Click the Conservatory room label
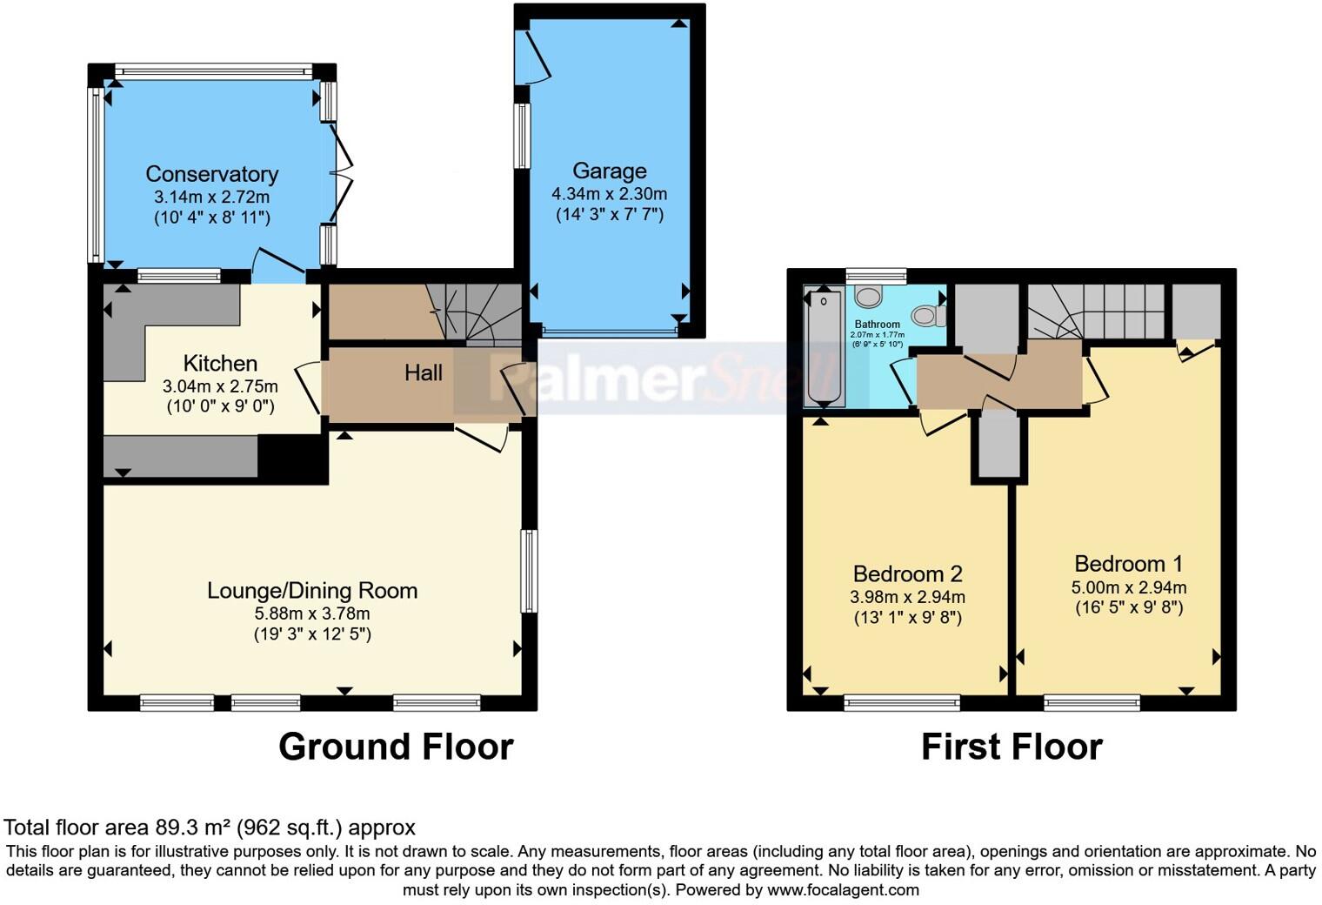[211, 174]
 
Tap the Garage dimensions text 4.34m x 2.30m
[609, 194]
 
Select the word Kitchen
[220, 363]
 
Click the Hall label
[424, 373]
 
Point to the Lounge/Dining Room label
[312, 591]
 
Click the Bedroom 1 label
[1128, 564]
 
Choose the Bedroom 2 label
[907, 574]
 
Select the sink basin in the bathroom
[867, 298]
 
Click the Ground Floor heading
[396, 747]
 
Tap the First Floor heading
[1012, 747]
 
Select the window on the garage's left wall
[522, 135]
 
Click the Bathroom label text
[877, 325]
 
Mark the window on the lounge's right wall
[528, 571]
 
